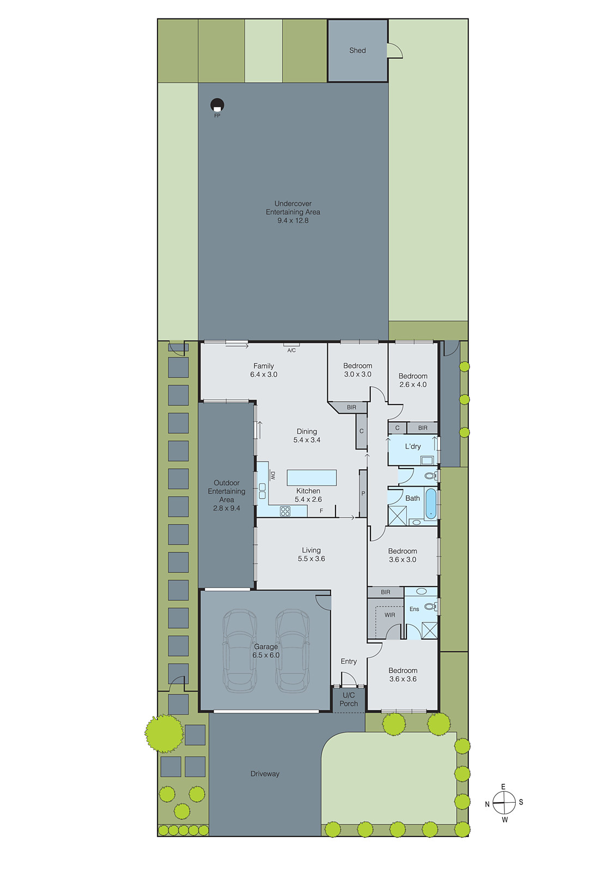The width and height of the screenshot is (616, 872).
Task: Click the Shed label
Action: [x=357, y=50]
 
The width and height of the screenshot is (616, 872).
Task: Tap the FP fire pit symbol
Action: [x=217, y=105]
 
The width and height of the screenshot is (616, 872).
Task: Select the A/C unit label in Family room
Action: [x=291, y=350]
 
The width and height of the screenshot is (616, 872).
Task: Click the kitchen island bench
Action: [x=312, y=477]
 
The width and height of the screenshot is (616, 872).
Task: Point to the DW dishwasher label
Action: [x=273, y=476]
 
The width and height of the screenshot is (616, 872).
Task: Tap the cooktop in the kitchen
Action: [x=285, y=511]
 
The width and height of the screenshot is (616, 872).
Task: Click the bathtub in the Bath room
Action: [x=430, y=502]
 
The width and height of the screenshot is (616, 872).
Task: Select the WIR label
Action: [x=390, y=615]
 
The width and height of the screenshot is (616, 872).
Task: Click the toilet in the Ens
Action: [x=430, y=606]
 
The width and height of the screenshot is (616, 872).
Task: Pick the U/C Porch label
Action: [x=349, y=699]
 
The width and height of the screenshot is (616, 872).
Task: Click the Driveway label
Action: [x=265, y=774]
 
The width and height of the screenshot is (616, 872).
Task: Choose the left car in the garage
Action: [x=240, y=651]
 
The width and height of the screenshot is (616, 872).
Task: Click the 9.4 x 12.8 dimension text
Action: [x=293, y=221]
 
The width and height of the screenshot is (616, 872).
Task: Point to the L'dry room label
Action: [x=413, y=446]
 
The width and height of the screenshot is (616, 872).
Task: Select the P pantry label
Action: [x=363, y=493]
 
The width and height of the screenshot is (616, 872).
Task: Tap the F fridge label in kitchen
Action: [x=321, y=511]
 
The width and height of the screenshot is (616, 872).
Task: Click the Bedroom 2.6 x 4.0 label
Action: [x=413, y=380]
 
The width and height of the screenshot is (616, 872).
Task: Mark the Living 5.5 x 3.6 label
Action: [x=312, y=554]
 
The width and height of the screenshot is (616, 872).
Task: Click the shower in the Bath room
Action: [x=397, y=516]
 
